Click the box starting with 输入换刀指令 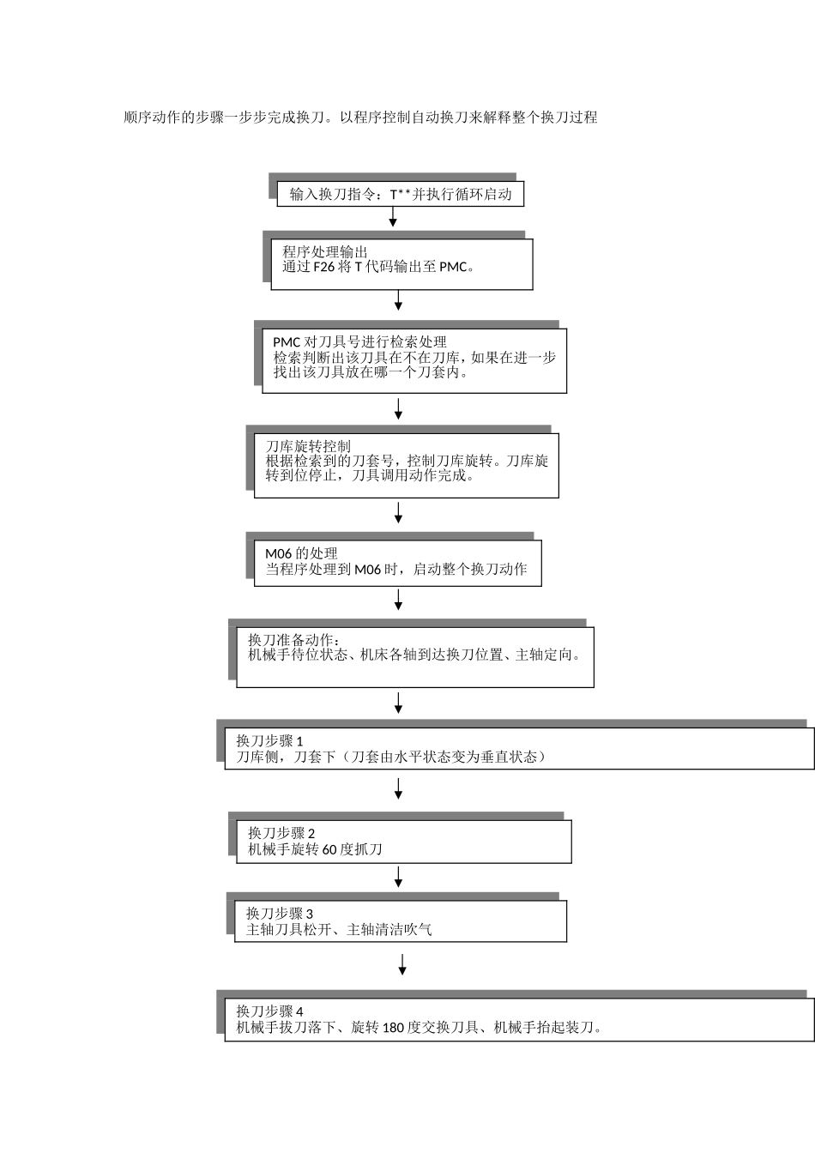tap(400, 195)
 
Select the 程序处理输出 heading tap(325, 252)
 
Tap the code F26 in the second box tap(323, 267)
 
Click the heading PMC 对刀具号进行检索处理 tap(359, 342)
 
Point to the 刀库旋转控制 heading tap(308, 446)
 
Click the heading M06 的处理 tap(301, 553)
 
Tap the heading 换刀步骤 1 tap(270, 740)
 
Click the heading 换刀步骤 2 tap(281, 833)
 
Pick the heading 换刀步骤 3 tap(280, 914)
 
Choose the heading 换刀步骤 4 tap(270, 1011)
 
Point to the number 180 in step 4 tap(393, 1028)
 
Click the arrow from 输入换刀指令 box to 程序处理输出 tap(393, 218)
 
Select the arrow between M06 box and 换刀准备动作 tap(398, 600)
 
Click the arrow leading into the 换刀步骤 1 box tap(398, 703)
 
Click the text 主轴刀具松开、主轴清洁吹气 tap(339, 929)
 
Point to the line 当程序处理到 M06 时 tap(395, 569)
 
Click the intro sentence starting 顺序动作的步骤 tap(360, 118)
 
